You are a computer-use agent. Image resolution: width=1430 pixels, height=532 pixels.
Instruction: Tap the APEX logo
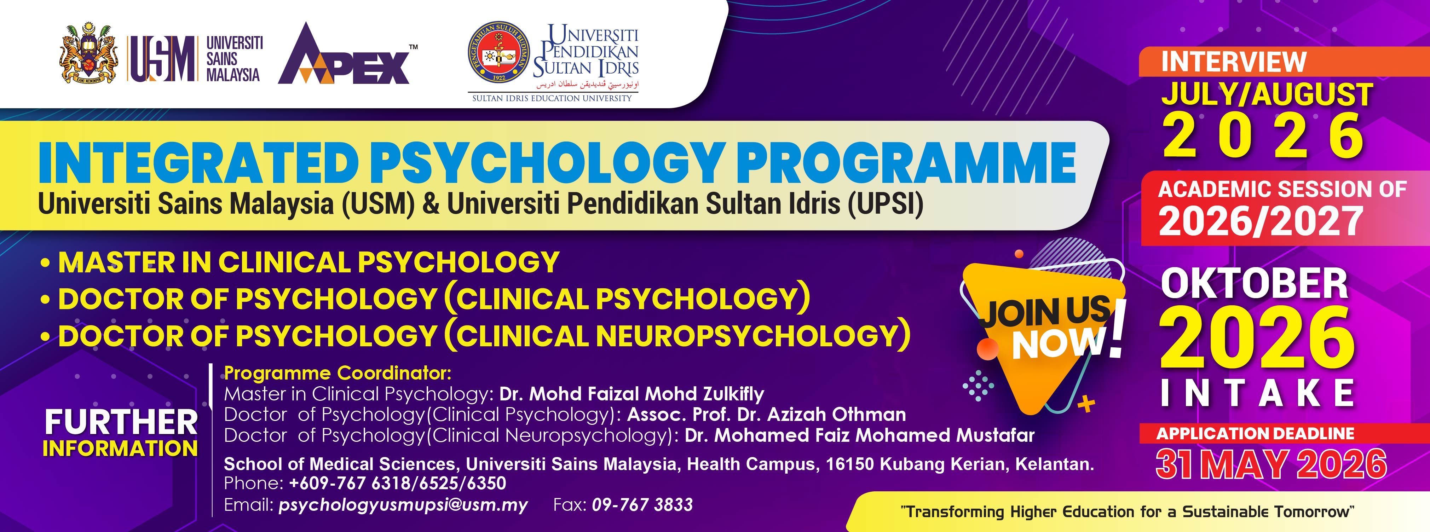347,54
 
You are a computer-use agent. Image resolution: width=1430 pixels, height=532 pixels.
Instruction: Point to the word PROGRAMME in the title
905,162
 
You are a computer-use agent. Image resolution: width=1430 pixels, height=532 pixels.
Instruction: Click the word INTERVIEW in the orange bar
1234,62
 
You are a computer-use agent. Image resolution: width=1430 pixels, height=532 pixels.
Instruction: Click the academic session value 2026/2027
1261,221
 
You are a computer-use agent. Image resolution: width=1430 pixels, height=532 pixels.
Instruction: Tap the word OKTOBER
1255,283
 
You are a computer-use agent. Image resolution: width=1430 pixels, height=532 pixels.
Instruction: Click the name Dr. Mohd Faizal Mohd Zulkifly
632,393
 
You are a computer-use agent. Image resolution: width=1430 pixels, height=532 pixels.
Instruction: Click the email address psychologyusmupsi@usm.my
403,505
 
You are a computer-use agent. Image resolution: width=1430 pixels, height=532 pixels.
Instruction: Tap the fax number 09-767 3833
642,504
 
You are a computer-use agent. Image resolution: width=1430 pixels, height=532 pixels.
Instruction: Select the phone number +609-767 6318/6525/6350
397,483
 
